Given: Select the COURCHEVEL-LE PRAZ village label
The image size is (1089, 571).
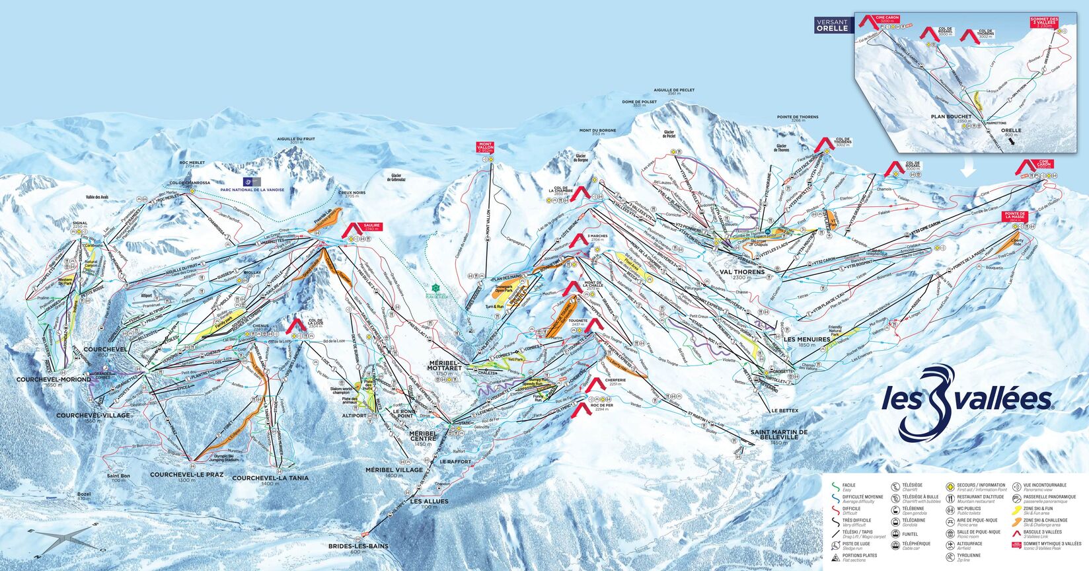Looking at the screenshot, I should [x=182, y=475].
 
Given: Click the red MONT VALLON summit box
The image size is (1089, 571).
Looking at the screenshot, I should [x=486, y=147].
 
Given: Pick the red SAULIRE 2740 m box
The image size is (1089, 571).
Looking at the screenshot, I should [x=371, y=227].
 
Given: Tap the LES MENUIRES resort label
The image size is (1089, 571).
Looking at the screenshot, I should [x=806, y=339].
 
